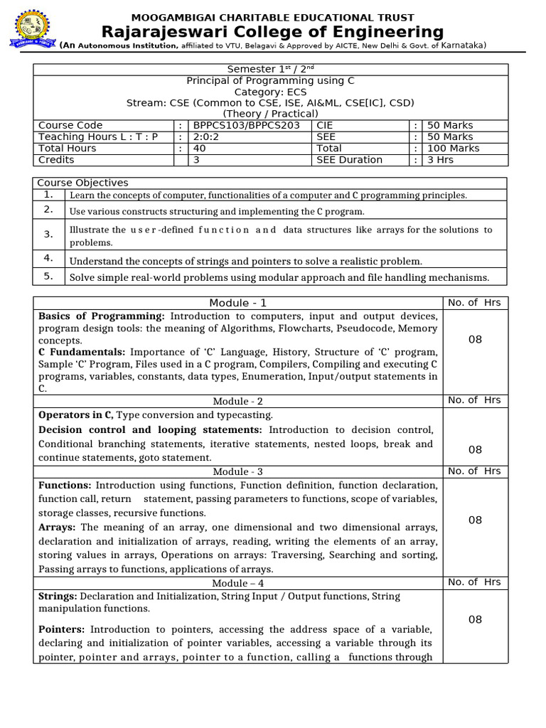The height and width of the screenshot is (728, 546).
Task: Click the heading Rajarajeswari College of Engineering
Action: [273, 32]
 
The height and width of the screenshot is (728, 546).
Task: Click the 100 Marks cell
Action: [453, 148]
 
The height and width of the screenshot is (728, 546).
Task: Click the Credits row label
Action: [56, 159]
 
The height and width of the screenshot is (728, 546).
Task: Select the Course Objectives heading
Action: [82, 183]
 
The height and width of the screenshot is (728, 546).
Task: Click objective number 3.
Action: [48, 234]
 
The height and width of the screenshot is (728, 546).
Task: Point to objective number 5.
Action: [48, 276]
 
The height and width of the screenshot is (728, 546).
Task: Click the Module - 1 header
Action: [238, 303]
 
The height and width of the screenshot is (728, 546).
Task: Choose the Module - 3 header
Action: [238, 471]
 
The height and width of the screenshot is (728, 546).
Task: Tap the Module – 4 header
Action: [238, 583]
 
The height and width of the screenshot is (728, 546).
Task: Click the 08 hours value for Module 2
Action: [475, 449]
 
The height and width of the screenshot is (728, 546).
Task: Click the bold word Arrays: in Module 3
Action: [58, 528]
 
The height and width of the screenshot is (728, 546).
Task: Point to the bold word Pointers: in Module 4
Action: [62, 629]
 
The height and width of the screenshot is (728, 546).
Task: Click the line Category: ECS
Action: [270, 92]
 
